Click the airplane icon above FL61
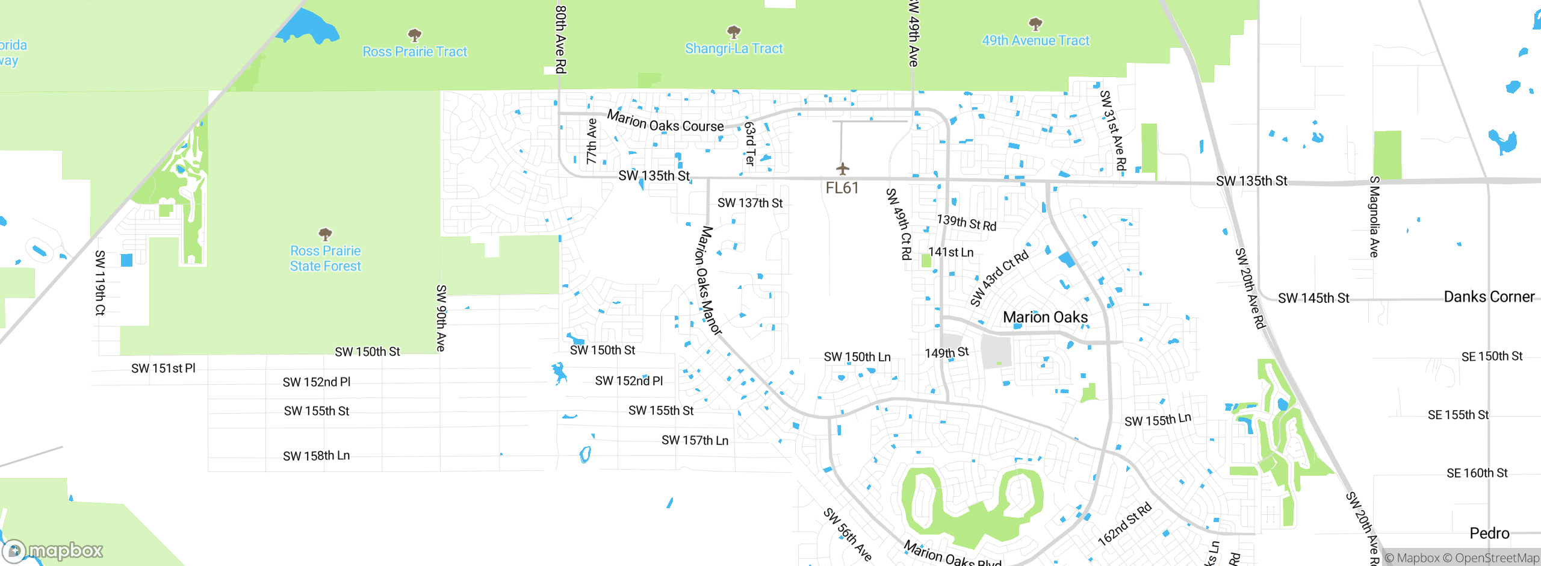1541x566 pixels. tap(842, 169)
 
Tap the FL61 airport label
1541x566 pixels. tap(842, 188)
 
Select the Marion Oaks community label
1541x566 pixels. tap(1045, 317)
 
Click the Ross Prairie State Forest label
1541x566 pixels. tap(325, 258)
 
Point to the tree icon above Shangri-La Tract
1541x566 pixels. tap(733, 31)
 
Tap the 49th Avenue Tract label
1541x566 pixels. tap(1035, 41)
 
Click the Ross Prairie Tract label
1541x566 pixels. tap(415, 52)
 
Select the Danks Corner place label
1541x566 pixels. tap(1489, 297)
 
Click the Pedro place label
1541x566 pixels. tap(1489, 533)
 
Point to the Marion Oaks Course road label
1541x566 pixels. tap(665, 122)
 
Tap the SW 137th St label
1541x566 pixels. tap(749, 203)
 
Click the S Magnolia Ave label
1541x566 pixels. tap(1374, 217)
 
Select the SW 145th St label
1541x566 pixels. tap(1313, 298)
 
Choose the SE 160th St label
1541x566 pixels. tap(1477, 473)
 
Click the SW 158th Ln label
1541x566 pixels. tap(316, 456)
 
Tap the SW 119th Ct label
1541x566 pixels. tap(100, 283)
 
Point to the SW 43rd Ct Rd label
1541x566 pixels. tap(999, 278)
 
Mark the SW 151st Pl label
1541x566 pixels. tap(163, 369)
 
